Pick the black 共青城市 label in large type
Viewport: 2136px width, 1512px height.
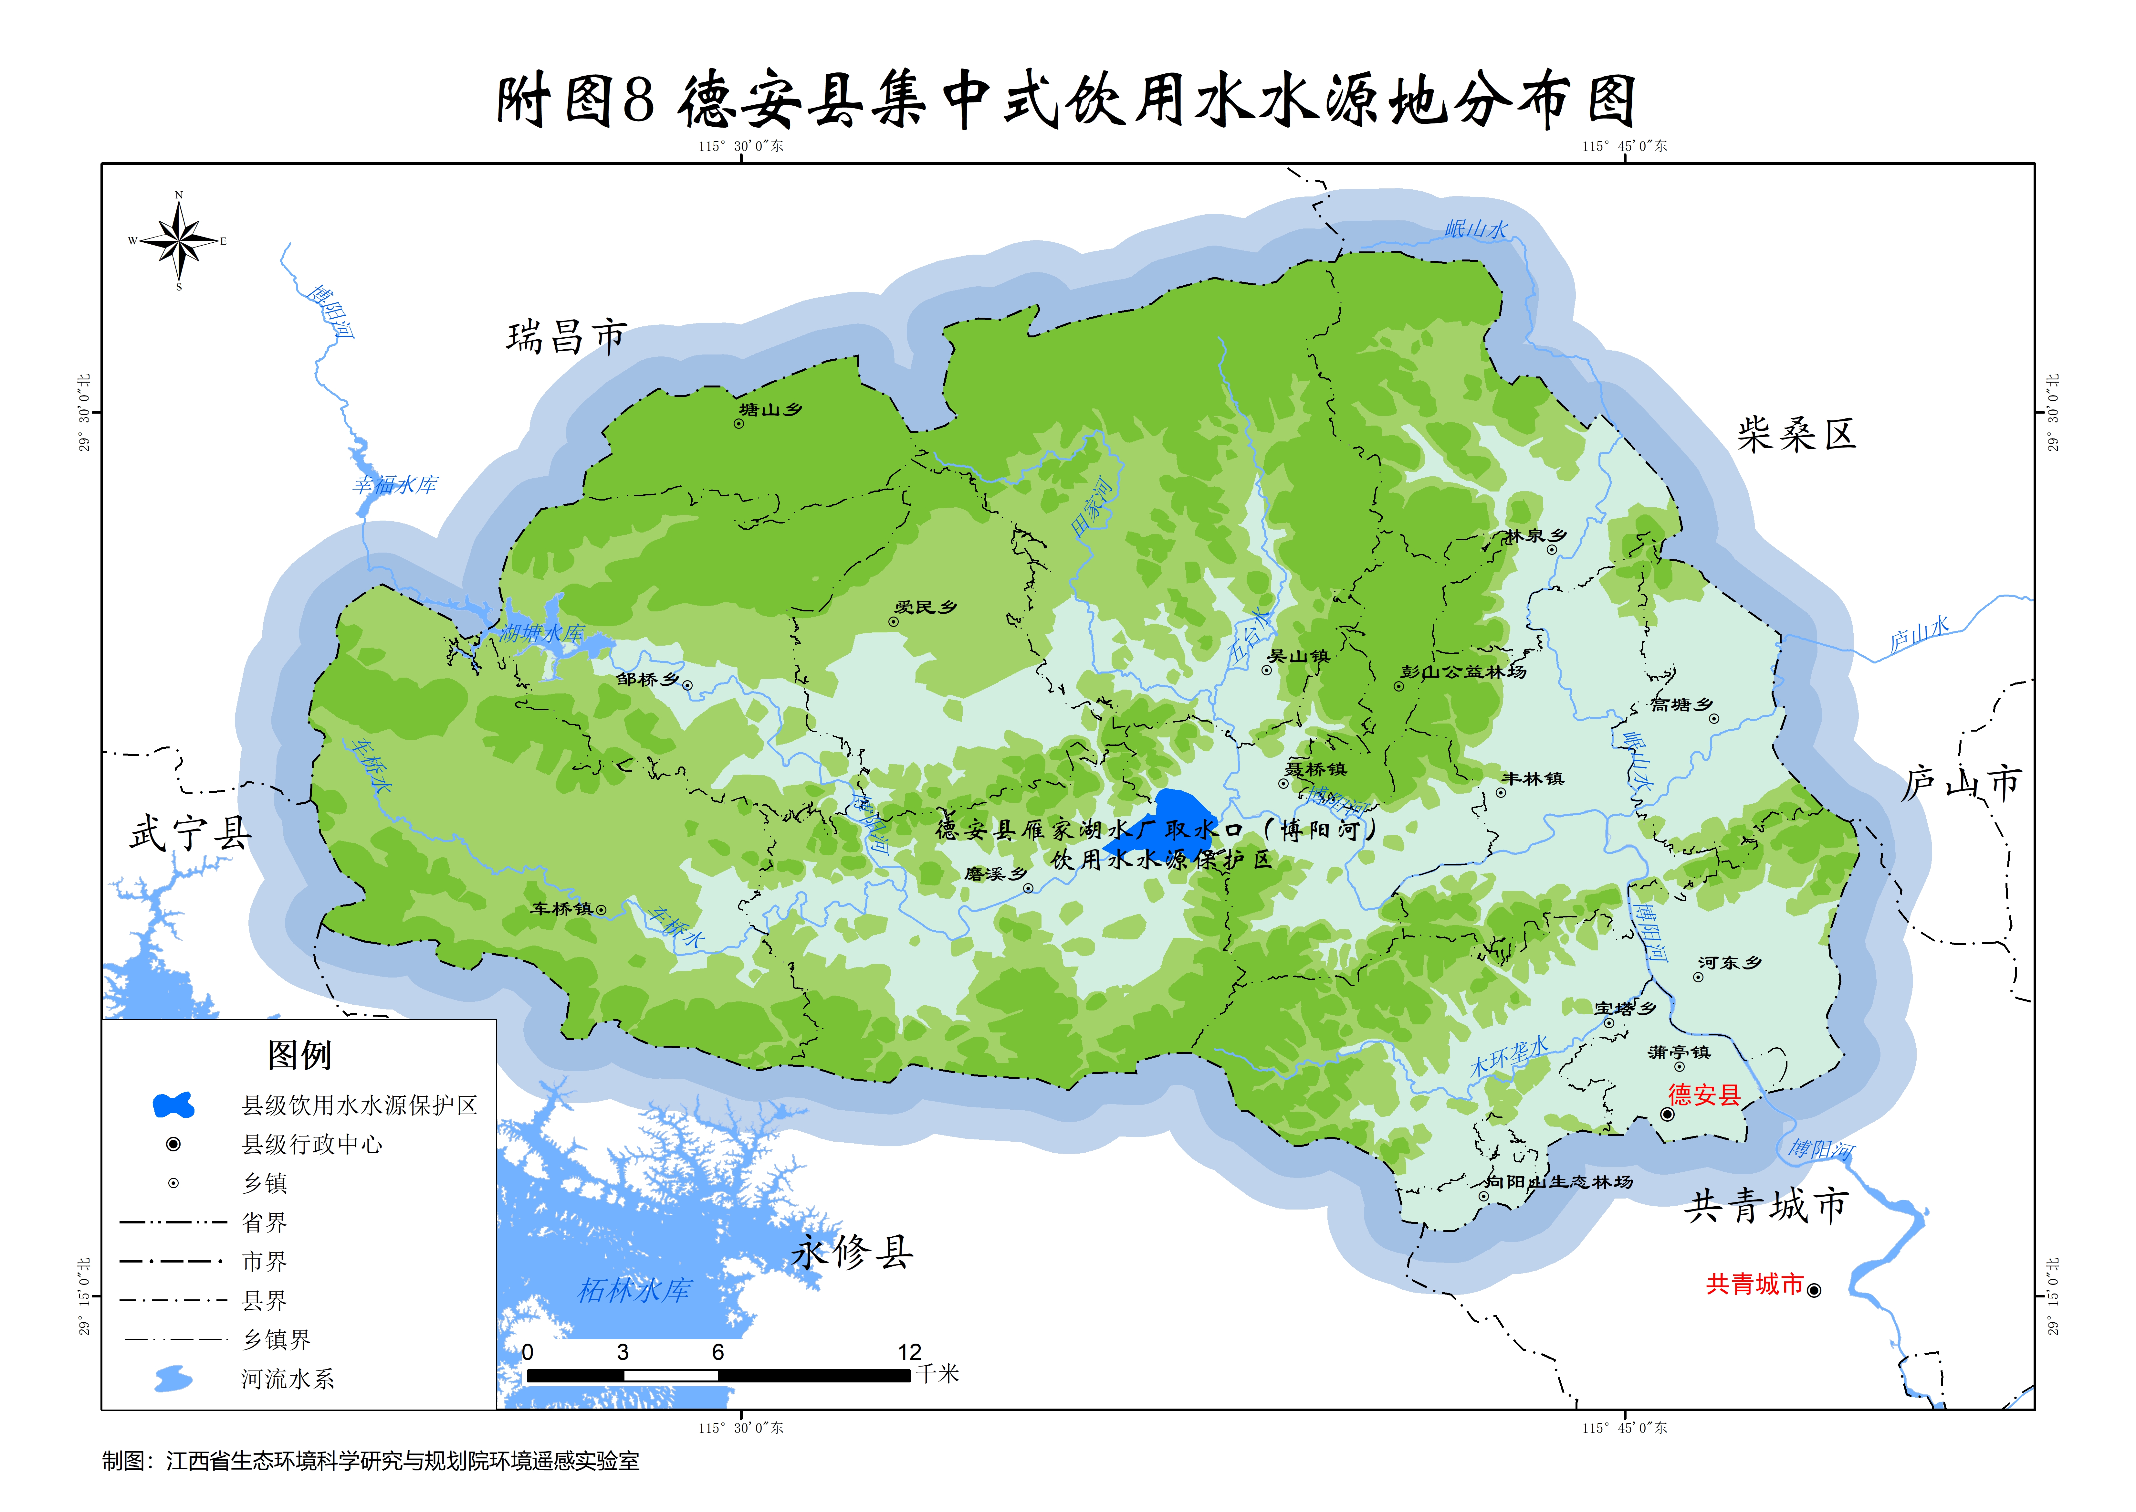point(1765,1207)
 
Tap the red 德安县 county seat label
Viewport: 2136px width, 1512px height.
point(1704,1095)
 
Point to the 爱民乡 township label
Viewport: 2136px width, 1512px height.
point(926,607)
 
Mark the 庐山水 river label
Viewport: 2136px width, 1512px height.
point(1919,635)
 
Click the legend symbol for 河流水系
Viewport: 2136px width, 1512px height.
point(173,1379)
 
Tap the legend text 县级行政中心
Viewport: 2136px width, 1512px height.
point(312,1144)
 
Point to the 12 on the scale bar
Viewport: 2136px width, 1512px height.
point(909,1352)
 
